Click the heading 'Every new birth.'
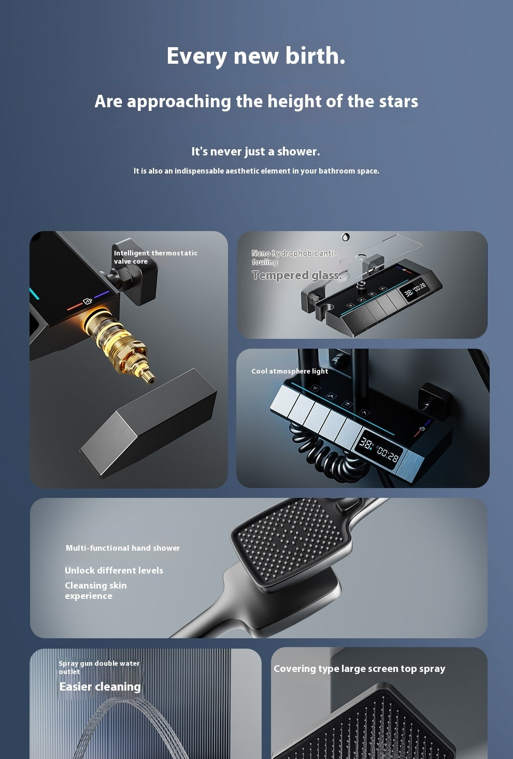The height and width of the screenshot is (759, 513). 255,56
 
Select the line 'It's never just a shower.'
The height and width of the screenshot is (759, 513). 255,151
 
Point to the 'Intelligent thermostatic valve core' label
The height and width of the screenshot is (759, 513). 155,257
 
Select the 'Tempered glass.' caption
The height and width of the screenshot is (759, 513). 296,275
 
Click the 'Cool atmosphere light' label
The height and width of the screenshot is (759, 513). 290,371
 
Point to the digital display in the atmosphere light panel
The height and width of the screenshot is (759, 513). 379,450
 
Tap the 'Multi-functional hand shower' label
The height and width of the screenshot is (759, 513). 123,548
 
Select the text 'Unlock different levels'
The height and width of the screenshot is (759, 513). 114,570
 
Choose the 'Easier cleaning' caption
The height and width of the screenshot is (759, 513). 100,686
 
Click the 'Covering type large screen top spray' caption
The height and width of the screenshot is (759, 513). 359,668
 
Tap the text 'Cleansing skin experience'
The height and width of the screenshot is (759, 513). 96,591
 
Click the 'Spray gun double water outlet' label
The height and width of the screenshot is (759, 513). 98,667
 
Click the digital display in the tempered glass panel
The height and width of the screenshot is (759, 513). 415,290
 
